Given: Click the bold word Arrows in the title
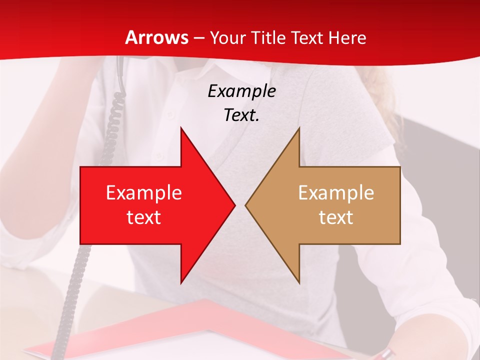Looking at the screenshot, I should pos(157,37).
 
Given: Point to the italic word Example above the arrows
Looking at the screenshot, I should pos(241,91).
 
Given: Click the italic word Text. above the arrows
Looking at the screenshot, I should pos(241,115).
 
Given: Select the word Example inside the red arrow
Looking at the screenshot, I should pos(144,193).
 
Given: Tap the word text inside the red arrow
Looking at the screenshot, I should pos(144,217).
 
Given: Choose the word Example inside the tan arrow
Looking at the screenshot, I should pos(336,193).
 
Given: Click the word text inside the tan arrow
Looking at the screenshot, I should pos(336,217).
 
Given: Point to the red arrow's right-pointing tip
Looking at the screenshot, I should pos(234,205).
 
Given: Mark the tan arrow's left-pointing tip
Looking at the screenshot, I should pos(246,205).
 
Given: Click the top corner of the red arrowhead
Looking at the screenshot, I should pos(181,128).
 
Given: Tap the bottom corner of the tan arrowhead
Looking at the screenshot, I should pos(299,283).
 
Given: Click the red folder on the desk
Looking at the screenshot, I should pos(150,330).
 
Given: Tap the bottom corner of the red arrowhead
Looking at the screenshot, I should pos(181,283).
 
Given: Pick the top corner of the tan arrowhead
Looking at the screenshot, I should pos(299,128).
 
